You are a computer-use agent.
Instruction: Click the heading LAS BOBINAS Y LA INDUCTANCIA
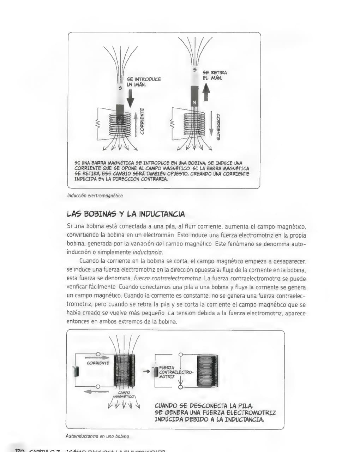(x=126, y=214)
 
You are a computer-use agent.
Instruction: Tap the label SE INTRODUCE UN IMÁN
(x=143, y=82)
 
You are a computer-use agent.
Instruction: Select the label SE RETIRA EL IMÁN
(x=215, y=75)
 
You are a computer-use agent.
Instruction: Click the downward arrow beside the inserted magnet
(x=130, y=97)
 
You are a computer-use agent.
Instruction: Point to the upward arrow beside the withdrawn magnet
(x=206, y=92)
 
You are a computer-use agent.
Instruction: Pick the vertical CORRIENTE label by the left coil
(x=142, y=121)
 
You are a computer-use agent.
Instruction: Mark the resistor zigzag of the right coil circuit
(x=172, y=124)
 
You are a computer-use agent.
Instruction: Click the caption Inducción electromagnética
(x=95, y=195)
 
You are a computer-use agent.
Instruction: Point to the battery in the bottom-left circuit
(x=76, y=371)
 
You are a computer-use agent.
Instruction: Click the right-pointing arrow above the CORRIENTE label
(x=97, y=357)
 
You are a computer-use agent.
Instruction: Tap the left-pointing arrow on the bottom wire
(x=96, y=391)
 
